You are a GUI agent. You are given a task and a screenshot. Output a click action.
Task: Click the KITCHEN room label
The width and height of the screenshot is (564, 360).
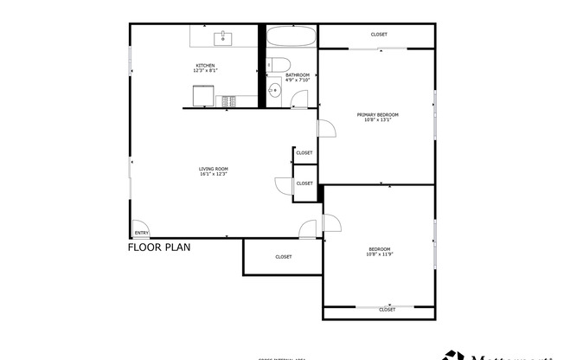[x=205, y=66]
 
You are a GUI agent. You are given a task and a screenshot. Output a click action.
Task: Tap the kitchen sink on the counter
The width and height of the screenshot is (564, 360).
[x=223, y=37]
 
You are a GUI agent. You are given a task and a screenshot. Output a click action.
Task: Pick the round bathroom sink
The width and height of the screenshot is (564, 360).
[x=273, y=90]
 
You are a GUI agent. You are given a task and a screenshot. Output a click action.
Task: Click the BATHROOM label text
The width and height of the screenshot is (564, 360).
[x=298, y=75]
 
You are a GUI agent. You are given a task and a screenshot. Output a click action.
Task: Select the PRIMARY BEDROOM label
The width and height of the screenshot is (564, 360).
[x=378, y=114]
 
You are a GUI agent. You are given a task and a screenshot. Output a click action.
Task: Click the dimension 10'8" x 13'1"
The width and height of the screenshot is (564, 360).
[x=378, y=120]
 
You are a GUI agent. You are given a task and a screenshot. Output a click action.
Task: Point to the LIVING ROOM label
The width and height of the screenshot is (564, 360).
[x=213, y=169]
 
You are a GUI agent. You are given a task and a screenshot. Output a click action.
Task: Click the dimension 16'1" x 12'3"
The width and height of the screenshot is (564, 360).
[x=213, y=175]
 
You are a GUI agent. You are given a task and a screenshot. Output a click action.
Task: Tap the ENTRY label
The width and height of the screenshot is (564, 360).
[x=141, y=232]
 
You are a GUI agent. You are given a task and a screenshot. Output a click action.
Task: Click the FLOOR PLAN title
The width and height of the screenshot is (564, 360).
[x=159, y=247]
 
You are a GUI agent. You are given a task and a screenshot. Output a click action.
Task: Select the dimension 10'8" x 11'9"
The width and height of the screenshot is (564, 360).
[x=379, y=255]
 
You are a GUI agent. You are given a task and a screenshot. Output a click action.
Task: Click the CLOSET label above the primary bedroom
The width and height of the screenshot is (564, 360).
[x=379, y=35]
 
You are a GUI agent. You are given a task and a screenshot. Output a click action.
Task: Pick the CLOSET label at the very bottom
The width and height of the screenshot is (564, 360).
[x=387, y=309]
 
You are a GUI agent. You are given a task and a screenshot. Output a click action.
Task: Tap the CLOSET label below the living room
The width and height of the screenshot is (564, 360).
[x=284, y=256]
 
